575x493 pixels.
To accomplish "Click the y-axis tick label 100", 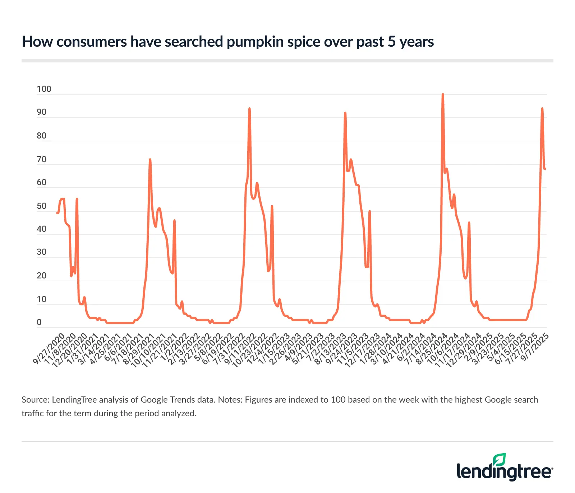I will pos(44,89).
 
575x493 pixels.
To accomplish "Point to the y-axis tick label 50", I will pos(42,206).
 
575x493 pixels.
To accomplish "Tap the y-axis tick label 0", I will pos(39,323).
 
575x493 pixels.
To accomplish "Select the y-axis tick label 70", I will pos(42,160).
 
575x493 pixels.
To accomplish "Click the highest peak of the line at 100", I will pos(443,94).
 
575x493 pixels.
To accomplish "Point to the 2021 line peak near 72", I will pos(150,160).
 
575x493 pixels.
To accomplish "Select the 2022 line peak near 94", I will pos(249,108).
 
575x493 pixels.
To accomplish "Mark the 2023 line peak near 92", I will pos(345,113).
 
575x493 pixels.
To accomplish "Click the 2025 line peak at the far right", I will pos(542,108).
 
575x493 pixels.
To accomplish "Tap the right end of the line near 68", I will pos(546,169).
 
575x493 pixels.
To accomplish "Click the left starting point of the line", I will pos(57,213).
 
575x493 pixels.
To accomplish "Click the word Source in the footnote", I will pos(35,400).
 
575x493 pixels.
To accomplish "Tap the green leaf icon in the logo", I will pos(500,460).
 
